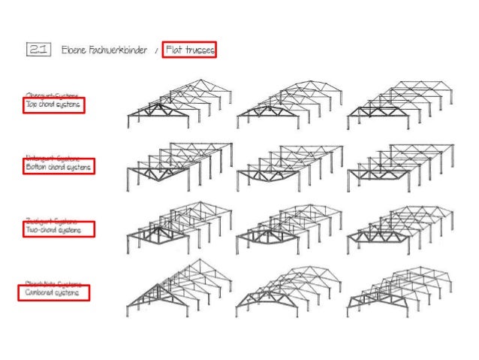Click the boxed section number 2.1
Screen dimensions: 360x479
click(37, 50)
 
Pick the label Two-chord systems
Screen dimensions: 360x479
click(57, 229)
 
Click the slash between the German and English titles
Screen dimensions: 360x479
click(156, 50)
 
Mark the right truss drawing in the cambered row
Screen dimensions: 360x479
click(399, 289)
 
